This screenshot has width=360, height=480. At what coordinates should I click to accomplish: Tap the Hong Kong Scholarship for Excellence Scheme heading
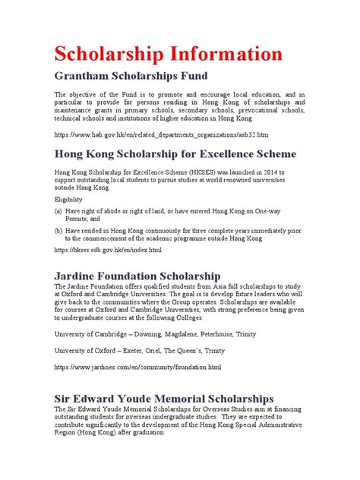click(175, 154)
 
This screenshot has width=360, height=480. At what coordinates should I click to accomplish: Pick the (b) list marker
click(58, 229)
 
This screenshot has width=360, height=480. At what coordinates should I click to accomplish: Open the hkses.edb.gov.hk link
click(107, 250)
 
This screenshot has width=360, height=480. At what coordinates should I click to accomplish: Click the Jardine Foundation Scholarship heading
click(137, 275)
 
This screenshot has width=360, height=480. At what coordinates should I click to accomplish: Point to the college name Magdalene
click(185, 333)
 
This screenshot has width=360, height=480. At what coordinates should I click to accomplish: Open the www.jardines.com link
click(137, 367)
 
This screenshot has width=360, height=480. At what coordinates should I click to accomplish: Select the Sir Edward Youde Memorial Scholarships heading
click(163, 398)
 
